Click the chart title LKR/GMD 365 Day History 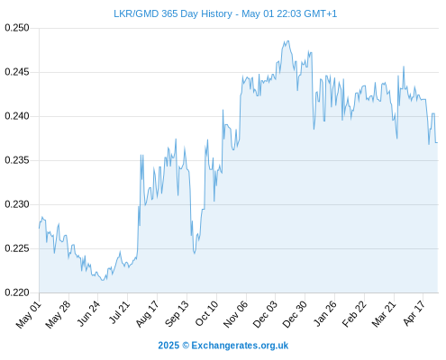[x=173, y=13]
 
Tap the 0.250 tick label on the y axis [x=17, y=28]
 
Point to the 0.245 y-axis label [x=17, y=72]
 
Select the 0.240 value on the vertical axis [x=17, y=116]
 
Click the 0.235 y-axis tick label [x=17, y=160]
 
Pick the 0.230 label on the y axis [x=17, y=204]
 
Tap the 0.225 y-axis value [x=17, y=248]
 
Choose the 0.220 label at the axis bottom [x=17, y=292]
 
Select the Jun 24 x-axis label [x=88, y=313]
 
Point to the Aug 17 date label [x=147, y=313]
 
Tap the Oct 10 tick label [x=206, y=313]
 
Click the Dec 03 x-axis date [x=265, y=314]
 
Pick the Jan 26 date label [x=324, y=313]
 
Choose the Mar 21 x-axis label [x=384, y=313]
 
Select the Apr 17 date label [x=414, y=313]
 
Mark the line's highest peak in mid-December [x=288, y=40]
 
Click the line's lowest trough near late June [x=103, y=280]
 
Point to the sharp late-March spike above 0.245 [x=404, y=67]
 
